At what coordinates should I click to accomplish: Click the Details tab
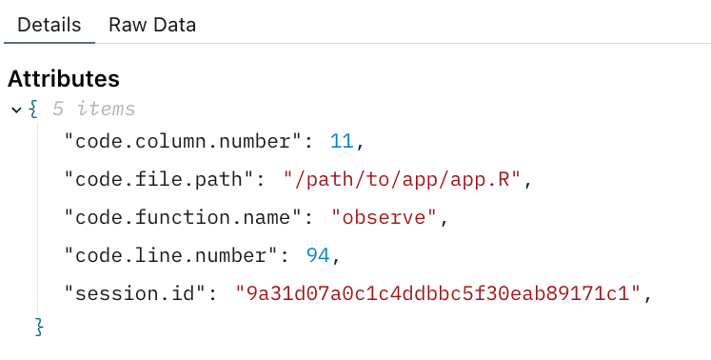[49, 25]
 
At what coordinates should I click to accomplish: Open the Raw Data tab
[152, 25]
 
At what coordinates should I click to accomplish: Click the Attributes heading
[64, 79]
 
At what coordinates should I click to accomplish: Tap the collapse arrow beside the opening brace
[16, 110]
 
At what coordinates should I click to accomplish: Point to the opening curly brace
[33, 110]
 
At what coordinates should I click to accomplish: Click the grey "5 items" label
[93, 110]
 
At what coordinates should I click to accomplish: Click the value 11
[342, 142]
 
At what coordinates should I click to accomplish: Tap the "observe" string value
[384, 217]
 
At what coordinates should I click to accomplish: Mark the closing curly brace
[39, 327]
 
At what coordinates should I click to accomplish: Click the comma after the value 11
[359, 145]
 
